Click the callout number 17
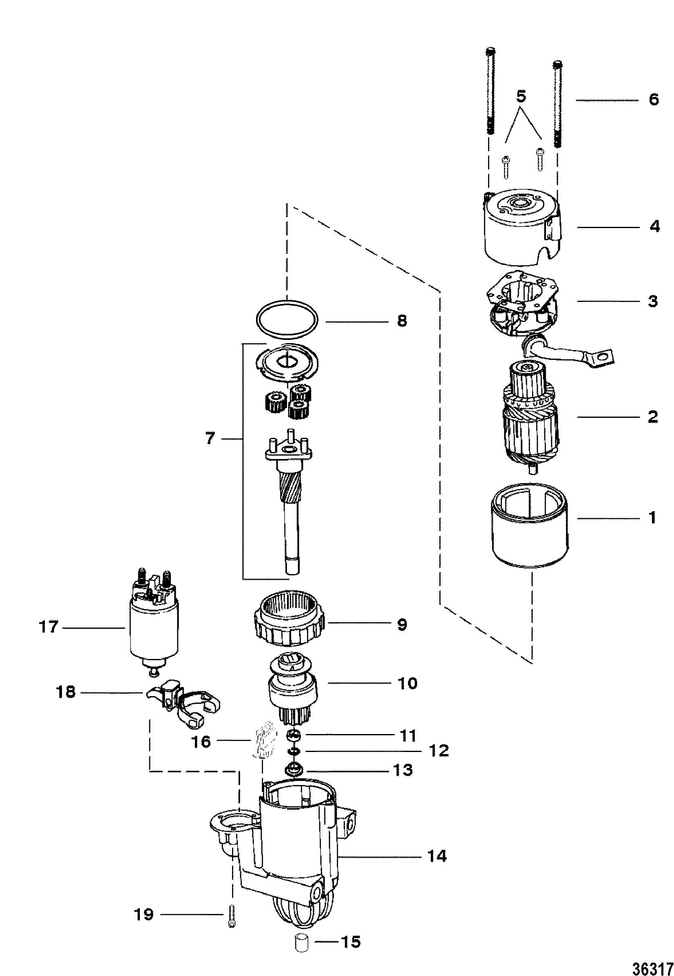click(x=48, y=627)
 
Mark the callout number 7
click(x=210, y=439)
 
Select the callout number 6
click(x=653, y=100)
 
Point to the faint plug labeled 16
click(x=262, y=742)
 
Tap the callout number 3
click(x=653, y=301)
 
